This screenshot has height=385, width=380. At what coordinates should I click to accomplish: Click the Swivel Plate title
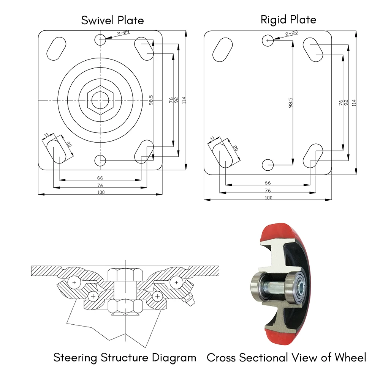pyautogui.click(x=112, y=20)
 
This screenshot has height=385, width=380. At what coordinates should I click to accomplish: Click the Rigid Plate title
pyautogui.click(x=288, y=19)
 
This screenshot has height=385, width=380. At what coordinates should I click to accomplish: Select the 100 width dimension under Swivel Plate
pyautogui.click(x=101, y=192)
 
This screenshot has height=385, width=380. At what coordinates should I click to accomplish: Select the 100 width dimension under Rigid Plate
pyautogui.click(x=268, y=197)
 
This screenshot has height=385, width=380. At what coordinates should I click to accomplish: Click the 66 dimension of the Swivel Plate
pyautogui.click(x=100, y=178)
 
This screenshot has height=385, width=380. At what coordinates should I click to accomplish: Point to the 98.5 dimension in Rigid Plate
pyautogui.click(x=291, y=102)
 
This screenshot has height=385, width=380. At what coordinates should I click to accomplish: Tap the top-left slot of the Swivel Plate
pyautogui.click(x=56, y=48)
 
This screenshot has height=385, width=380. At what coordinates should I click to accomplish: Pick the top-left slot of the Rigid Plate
pyautogui.click(x=222, y=50)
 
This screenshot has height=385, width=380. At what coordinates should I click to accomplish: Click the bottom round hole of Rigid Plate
pyautogui.click(x=268, y=165)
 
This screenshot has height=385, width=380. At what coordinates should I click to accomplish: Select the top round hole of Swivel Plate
pyautogui.click(x=101, y=39)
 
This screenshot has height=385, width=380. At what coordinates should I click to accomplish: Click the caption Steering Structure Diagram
pyautogui.click(x=125, y=357)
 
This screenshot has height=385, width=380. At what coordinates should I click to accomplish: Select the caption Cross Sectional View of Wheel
pyautogui.click(x=287, y=357)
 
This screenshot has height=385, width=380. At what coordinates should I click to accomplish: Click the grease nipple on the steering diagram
pyautogui.click(x=189, y=300)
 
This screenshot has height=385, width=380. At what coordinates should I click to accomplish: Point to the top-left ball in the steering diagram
pyautogui.click(x=74, y=283)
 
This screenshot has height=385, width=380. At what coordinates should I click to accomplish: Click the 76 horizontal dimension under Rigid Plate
pyautogui.click(x=268, y=190)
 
